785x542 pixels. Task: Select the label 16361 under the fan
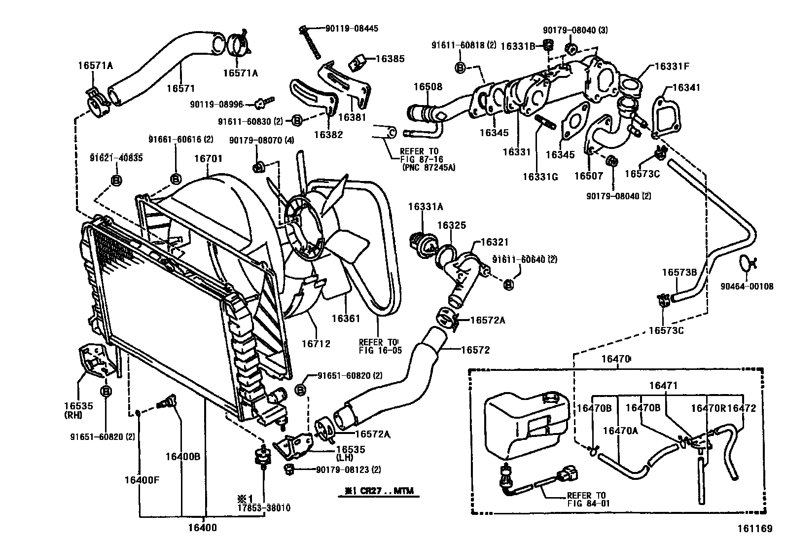[x=346, y=319]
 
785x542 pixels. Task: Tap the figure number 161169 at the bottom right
[x=754, y=529]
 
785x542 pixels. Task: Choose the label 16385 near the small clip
[x=390, y=59]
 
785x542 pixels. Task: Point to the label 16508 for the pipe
[x=428, y=87]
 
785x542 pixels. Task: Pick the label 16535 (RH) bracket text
[x=78, y=410]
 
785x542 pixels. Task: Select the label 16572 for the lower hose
[x=475, y=350]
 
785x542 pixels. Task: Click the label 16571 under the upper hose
[x=180, y=88]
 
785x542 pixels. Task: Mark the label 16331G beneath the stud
[x=540, y=177]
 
